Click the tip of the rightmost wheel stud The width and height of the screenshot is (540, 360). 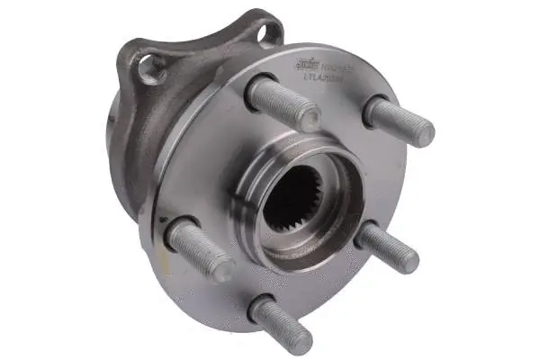(x=420, y=133)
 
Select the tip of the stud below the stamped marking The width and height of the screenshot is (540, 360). (x=306, y=116)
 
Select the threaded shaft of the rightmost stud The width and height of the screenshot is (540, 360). (x=396, y=121)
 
